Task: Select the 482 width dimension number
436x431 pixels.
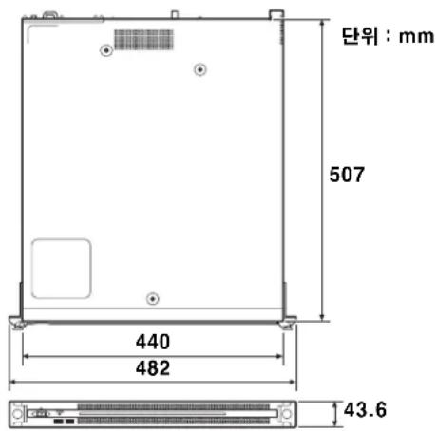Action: [x=152, y=369]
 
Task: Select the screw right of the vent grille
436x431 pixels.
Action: [x=199, y=68]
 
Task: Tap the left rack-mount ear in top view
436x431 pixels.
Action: [x=17, y=322]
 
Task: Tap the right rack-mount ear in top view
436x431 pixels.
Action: [x=287, y=322]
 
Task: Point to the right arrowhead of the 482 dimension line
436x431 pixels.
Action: [x=293, y=384]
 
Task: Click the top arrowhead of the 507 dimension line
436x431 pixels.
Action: [x=323, y=13]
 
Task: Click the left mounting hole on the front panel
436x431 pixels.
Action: [x=17, y=414]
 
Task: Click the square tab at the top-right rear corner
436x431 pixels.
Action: [x=275, y=14]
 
